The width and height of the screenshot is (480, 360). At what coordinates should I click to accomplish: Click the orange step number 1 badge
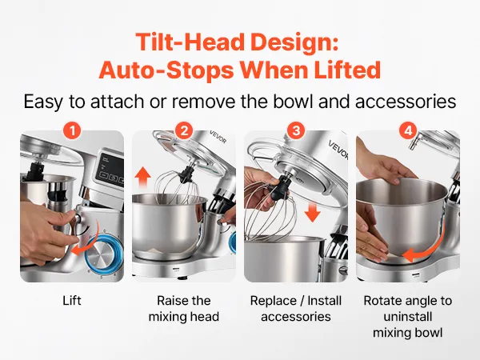click(72, 131)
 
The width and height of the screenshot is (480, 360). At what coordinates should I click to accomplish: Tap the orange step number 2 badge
click(184, 131)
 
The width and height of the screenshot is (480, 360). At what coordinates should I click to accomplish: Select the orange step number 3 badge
click(296, 131)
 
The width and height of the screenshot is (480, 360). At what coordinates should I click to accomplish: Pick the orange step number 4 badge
click(408, 131)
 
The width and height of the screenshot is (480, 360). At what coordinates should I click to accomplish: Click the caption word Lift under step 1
click(72, 300)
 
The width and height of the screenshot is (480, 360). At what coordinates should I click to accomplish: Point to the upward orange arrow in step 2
click(142, 178)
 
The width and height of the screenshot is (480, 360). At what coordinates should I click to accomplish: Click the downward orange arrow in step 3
click(312, 212)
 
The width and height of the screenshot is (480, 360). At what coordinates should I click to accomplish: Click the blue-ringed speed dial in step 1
click(103, 254)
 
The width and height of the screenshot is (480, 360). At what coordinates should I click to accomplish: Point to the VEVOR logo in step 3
click(338, 150)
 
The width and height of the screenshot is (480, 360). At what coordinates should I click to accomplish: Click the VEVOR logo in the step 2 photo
click(218, 137)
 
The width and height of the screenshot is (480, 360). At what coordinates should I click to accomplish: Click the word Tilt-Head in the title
click(190, 42)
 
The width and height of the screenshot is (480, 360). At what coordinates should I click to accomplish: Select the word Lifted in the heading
click(347, 70)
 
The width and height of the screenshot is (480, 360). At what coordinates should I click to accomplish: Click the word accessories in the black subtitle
click(406, 102)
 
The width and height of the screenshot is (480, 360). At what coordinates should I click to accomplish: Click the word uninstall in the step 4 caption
click(408, 316)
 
